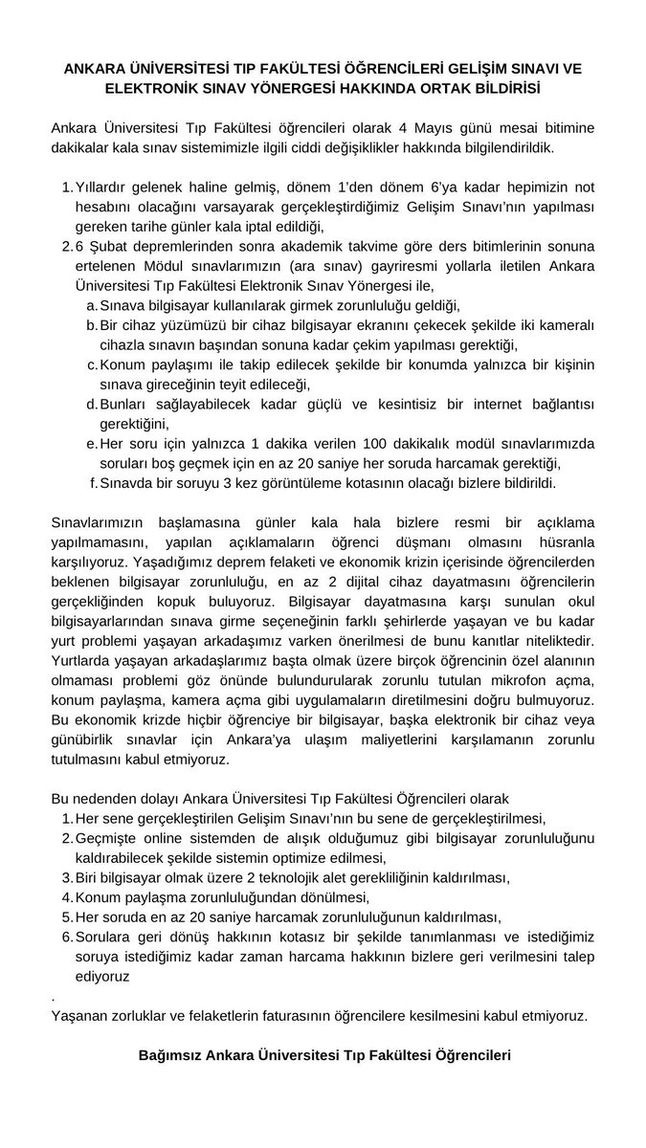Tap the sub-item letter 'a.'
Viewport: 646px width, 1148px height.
pos(92,306)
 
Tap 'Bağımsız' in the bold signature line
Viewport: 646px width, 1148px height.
pos(171,1055)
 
